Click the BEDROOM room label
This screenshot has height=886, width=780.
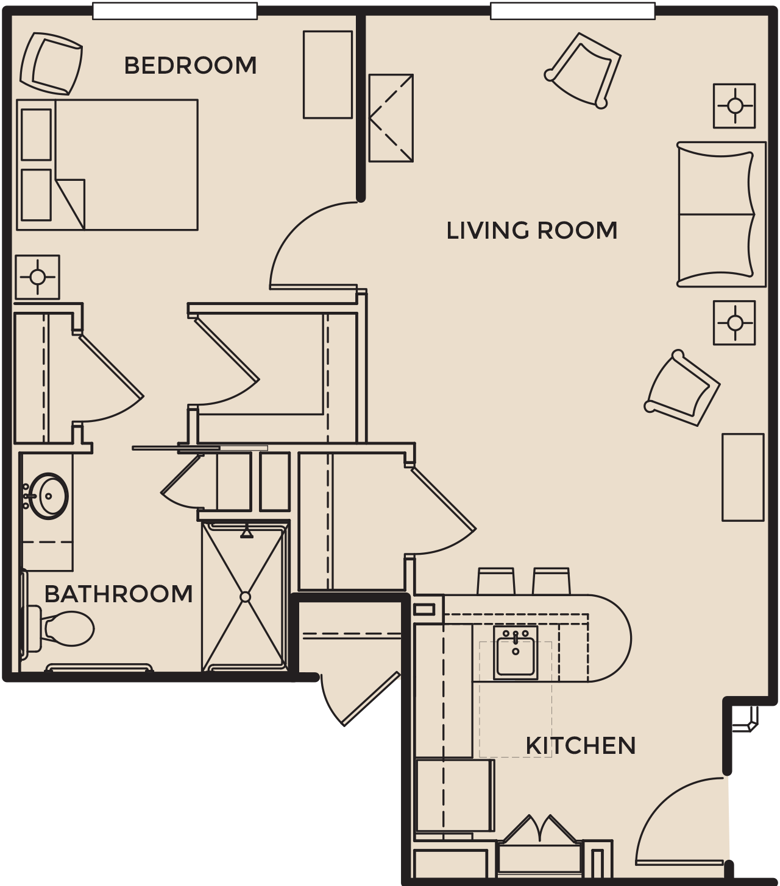(190, 66)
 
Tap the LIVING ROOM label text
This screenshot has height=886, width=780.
(532, 230)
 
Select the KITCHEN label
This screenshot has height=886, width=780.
(580, 745)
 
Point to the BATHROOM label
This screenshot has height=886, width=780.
(119, 594)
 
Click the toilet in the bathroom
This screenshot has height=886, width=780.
(59, 628)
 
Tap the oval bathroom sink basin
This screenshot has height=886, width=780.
(49, 496)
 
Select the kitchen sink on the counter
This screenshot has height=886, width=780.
(516, 653)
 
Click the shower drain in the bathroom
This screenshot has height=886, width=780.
(246, 597)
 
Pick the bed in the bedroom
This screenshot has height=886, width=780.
(107, 165)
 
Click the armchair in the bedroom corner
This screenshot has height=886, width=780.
(52, 63)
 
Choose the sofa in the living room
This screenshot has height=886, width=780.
(721, 214)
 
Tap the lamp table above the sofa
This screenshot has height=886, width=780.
(734, 106)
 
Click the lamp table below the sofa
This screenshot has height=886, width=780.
(734, 323)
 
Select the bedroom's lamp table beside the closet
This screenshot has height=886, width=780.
(38, 277)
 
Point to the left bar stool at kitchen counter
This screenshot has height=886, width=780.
(495, 581)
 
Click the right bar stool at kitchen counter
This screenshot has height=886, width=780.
(551, 581)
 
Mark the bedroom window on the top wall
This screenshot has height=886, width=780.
(175, 11)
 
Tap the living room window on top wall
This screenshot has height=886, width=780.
(573, 11)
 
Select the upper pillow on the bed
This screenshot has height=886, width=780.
(37, 135)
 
